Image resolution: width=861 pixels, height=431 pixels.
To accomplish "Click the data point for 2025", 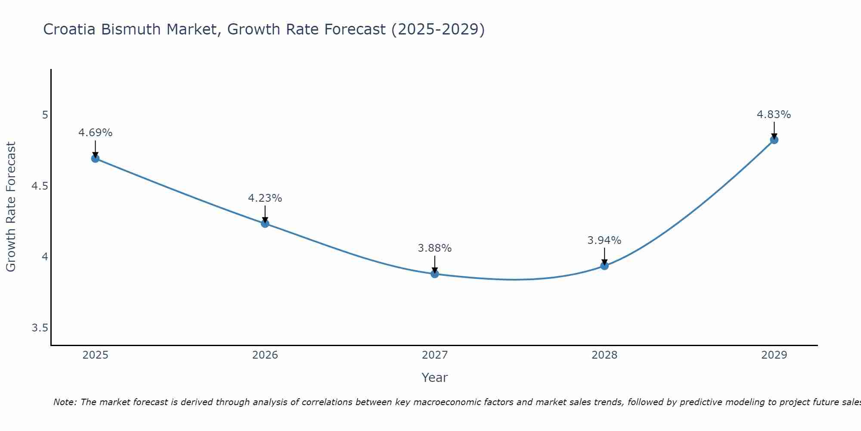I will point(95,159).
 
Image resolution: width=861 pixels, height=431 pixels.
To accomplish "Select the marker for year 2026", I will point(265,223).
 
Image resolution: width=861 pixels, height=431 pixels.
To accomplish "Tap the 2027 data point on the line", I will point(435,274).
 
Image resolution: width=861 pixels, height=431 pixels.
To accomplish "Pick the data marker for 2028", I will point(604,265).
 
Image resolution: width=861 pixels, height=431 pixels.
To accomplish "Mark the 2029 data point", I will point(774,140).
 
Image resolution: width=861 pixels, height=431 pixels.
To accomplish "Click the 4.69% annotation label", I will point(95,133).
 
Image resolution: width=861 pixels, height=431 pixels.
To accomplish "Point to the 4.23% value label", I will point(265,198).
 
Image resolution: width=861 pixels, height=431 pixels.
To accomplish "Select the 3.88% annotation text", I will point(435,248).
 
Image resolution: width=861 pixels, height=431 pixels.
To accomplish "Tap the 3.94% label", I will point(604,240).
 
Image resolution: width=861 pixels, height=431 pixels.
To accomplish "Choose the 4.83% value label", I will point(774,115).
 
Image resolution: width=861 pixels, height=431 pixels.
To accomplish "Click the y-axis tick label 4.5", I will point(40,186).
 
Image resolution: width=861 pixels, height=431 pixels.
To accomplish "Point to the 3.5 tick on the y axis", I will point(40,328).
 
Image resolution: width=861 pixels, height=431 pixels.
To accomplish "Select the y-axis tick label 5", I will point(45,115).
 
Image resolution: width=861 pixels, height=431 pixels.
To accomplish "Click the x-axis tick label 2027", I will point(435,355).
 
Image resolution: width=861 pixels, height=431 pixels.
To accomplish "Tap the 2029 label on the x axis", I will point(774,355).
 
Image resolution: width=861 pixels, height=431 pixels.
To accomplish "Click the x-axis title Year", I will point(435,378).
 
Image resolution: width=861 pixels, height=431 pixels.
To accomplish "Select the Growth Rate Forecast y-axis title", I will point(11,207).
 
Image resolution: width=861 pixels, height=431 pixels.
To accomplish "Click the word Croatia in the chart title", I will point(70,29).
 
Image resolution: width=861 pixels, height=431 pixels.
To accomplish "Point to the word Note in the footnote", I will point(65,402).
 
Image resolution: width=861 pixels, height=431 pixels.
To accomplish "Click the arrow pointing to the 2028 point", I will point(604,256).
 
